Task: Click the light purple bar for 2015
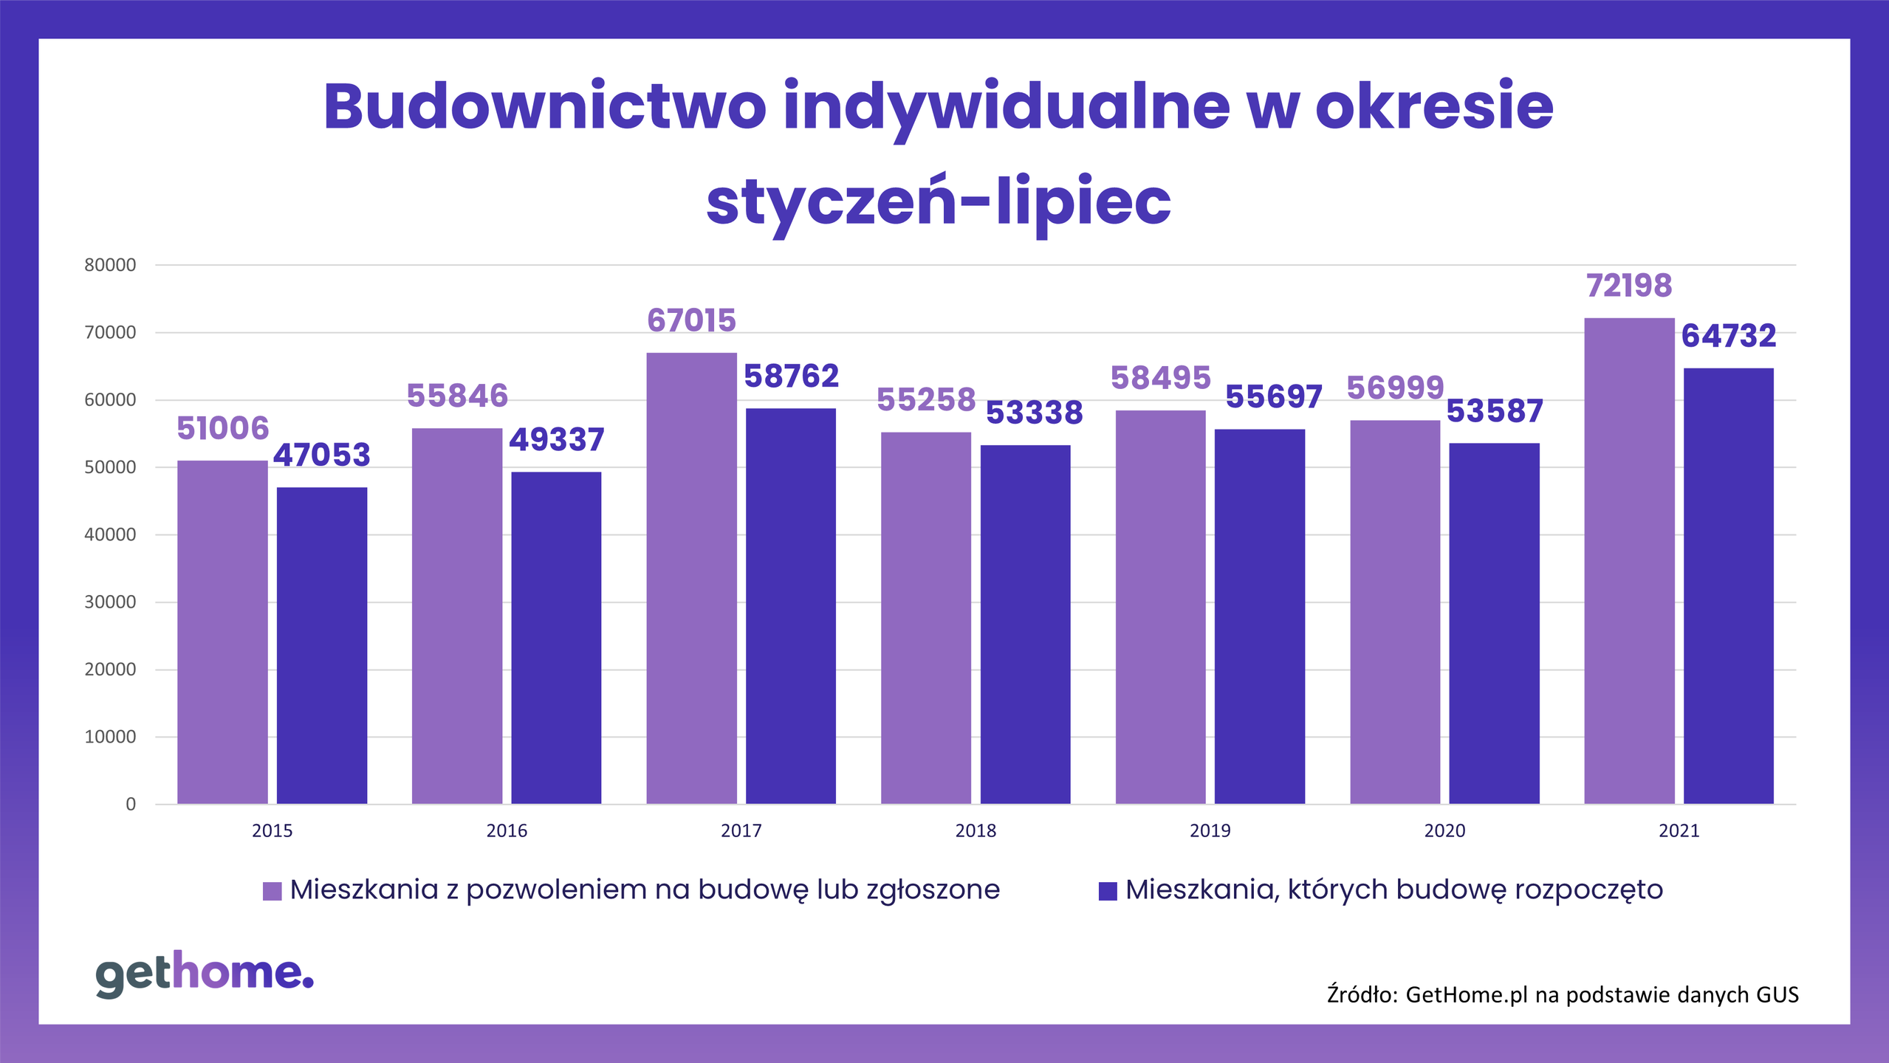[x=222, y=632]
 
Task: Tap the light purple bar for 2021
[x=1629, y=561]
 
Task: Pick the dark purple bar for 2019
[x=1259, y=616]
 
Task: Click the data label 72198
[x=1629, y=286]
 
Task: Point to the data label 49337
[x=557, y=440]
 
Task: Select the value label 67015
[x=691, y=320]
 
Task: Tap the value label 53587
[x=1495, y=411]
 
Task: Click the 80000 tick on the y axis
[x=110, y=266]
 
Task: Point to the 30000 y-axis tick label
[x=110, y=602]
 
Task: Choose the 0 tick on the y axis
[x=131, y=805]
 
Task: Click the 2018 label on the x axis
[x=976, y=831]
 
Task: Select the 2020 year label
[x=1444, y=831]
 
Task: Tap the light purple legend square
[x=272, y=891]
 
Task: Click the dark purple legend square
[x=1108, y=891]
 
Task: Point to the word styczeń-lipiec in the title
[x=938, y=202]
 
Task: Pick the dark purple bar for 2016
[x=556, y=638]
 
